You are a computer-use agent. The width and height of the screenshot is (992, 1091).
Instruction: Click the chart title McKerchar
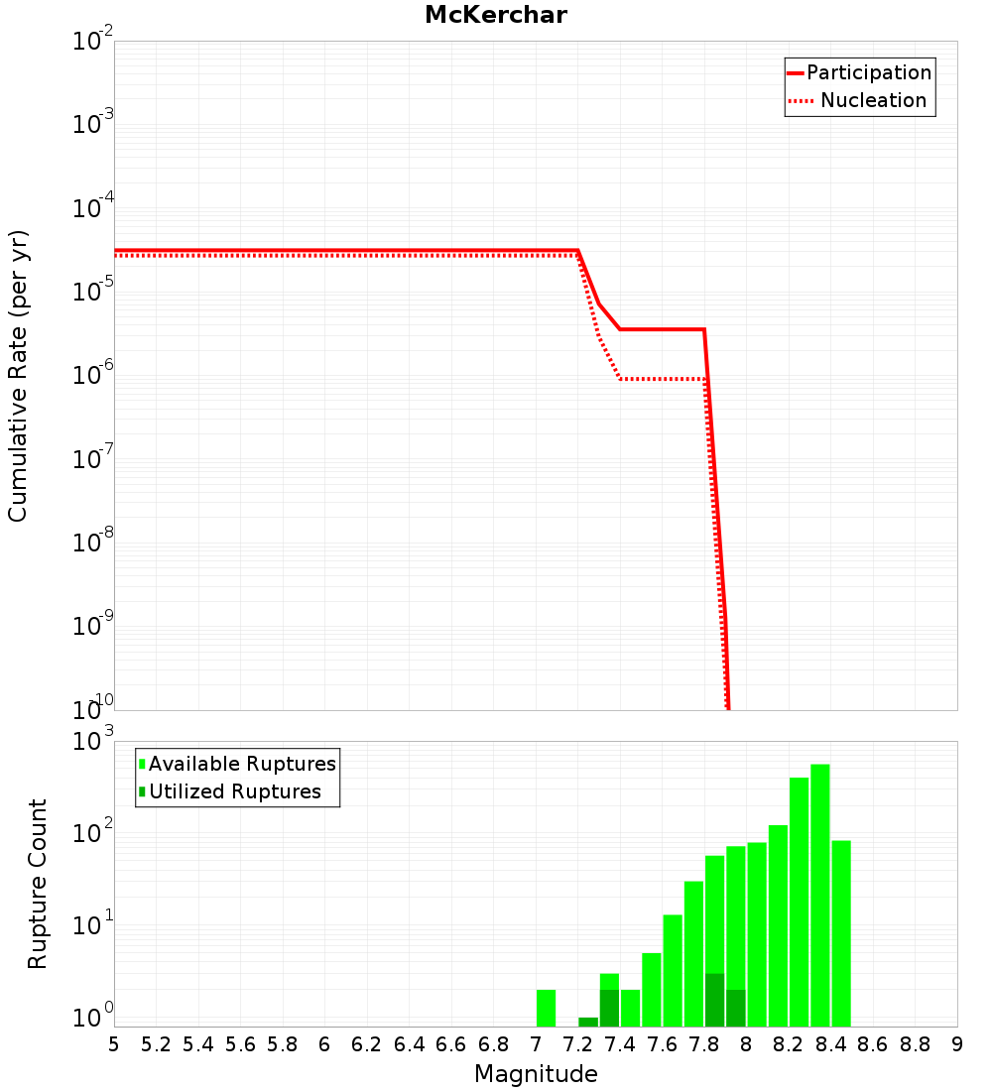coord(495,15)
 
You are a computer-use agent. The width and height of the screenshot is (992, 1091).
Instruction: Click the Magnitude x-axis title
coord(536,1074)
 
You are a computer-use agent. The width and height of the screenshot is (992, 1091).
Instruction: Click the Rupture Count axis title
coord(38,884)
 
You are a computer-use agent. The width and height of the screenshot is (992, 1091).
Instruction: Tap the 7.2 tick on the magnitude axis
coord(577,1044)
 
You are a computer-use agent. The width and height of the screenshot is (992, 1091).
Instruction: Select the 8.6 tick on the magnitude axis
coord(873,1044)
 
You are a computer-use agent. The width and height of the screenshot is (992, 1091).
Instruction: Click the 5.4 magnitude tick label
coord(198,1044)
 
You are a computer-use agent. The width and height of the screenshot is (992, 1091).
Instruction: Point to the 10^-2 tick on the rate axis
coord(93,42)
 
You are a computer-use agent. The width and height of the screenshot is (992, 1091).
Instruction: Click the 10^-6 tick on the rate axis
coord(93,375)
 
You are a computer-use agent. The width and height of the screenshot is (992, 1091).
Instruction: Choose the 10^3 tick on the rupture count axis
coord(93,742)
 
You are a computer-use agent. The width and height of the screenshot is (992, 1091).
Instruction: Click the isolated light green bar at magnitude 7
coord(546,1007)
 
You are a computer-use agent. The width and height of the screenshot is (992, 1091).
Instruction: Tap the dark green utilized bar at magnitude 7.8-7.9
coord(714,1000)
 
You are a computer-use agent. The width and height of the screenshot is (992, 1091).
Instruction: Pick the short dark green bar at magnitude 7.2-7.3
coord(588,1022)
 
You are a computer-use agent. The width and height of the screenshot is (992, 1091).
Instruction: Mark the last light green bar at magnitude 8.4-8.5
coord(841,932)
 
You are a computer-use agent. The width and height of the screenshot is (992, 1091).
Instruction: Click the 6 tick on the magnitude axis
coord(324,1044)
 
